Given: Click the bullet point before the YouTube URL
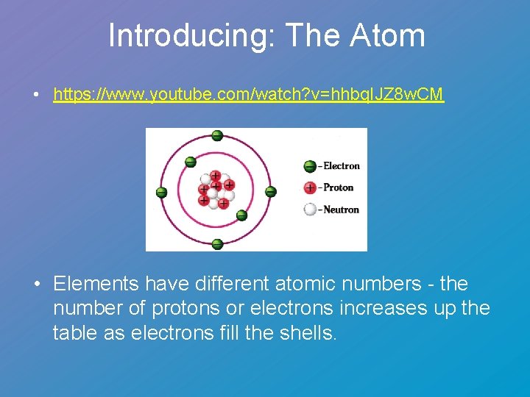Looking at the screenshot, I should coord(35,95).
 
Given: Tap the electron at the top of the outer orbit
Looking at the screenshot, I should coord(217,135).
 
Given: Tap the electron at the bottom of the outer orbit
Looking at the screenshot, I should coord(217,244).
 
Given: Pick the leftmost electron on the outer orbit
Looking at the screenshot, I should coord(162,193).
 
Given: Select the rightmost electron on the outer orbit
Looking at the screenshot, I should coord(270,192).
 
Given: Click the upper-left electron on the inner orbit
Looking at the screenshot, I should coord(190,162).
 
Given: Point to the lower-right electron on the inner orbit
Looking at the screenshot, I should coord(241,215).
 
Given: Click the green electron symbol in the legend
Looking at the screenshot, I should coord(310,166).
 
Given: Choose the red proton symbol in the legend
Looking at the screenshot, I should coord(310,188).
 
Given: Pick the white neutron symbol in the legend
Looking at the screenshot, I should coord(310,210).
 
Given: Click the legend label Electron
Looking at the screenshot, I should coord(342,166).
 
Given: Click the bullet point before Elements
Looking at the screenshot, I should coord(35,285).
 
